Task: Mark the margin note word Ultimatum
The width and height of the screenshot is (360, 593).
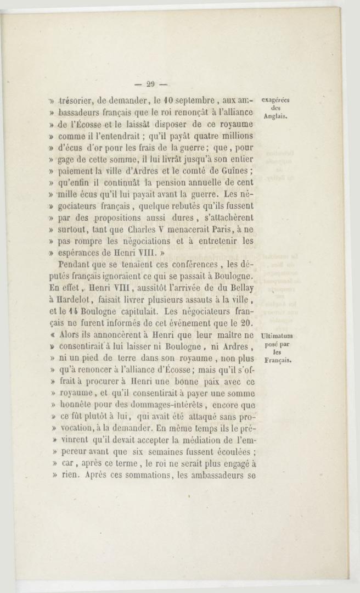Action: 277,336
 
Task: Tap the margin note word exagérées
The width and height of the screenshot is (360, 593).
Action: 276,100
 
